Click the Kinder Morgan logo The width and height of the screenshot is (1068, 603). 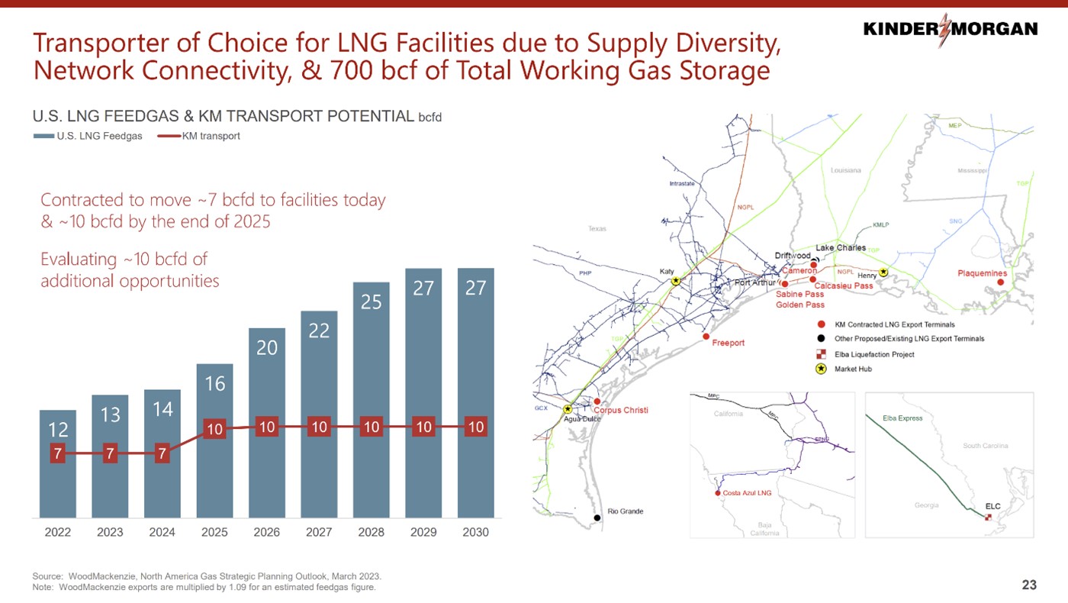coord(950,29)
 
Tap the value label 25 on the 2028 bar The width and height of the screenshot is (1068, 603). coord(371,302)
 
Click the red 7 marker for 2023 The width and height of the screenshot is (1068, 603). coord(110,454)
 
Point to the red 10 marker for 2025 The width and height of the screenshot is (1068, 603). coord(214,429)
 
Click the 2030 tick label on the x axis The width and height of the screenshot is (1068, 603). coord(476,532)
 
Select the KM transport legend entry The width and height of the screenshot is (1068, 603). coord(199,137)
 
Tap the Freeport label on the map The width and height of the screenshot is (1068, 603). coord(728,343)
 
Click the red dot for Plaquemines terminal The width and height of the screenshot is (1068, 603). coord(1000,282)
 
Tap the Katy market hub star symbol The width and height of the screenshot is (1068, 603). coord(676,281)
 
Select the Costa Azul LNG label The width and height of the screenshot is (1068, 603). coord(747,493)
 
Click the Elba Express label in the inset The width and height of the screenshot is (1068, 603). coord(902,418)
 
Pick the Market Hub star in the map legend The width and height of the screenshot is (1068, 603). coord(821,369)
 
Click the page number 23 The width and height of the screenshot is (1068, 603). coord(1029,585)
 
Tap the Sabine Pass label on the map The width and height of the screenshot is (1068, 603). coord(799,294)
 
